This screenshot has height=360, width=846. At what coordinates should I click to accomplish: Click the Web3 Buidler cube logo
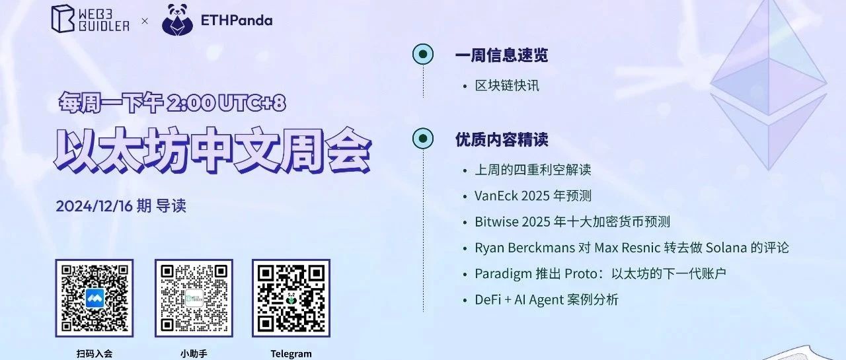coord(63,19)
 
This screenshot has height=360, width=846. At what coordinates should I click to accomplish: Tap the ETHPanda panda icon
coord(177,20)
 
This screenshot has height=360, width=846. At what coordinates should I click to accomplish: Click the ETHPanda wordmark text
coord(237,20)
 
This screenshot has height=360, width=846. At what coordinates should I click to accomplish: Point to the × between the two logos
coord(145,21)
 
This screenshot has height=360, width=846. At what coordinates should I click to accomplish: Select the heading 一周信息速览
coord(502,55)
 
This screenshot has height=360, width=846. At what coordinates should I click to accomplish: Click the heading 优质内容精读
coord(502,139)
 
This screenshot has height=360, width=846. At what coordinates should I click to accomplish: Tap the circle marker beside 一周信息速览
coord(423,54)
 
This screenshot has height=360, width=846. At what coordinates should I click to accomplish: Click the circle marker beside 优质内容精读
coord(423,139)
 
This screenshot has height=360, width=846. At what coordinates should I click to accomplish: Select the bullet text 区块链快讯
coord(507,86)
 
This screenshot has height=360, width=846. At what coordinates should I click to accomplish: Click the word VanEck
coord(496,196)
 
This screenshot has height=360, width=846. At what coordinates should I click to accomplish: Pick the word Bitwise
coord(496,222)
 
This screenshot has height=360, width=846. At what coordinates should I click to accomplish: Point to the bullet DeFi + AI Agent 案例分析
coord(547,300)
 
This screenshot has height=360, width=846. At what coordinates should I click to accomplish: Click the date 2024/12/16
coord(95,206)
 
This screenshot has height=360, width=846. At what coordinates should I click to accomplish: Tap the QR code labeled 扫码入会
coord(95,298)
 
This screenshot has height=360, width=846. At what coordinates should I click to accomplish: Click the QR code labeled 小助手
coord(194,298)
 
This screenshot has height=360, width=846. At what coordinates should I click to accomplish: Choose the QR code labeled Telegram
coord(291,298)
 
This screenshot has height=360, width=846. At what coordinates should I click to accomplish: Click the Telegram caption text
coord(291,354)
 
